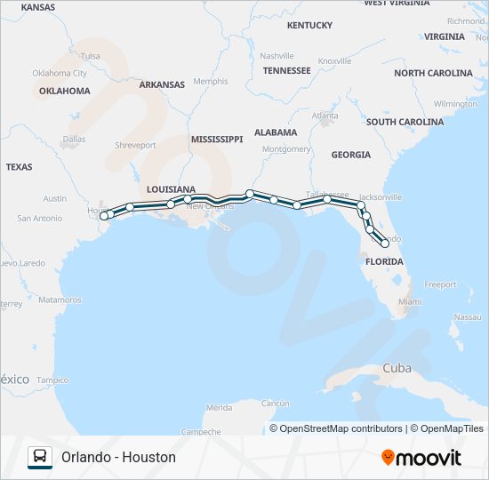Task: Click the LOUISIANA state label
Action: (171, 189)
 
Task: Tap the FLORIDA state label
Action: (384, 261)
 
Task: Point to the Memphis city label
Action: (211, 81)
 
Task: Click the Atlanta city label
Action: (325, 116)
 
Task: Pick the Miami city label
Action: (410, 302)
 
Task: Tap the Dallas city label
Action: (75, 139)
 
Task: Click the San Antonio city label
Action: (40, 218)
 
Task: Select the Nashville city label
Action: (277, 55)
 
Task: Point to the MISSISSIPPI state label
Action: (216, 140)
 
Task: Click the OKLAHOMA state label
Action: (64, 91)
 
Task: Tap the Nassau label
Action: (467, 316)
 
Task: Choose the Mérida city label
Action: (219, 407)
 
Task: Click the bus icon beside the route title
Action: (40, 457)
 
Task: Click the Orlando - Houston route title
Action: (118, 457)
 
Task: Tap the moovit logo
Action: (421, 457)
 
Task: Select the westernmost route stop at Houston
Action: (104, 215)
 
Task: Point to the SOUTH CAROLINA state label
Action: (405, 122)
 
